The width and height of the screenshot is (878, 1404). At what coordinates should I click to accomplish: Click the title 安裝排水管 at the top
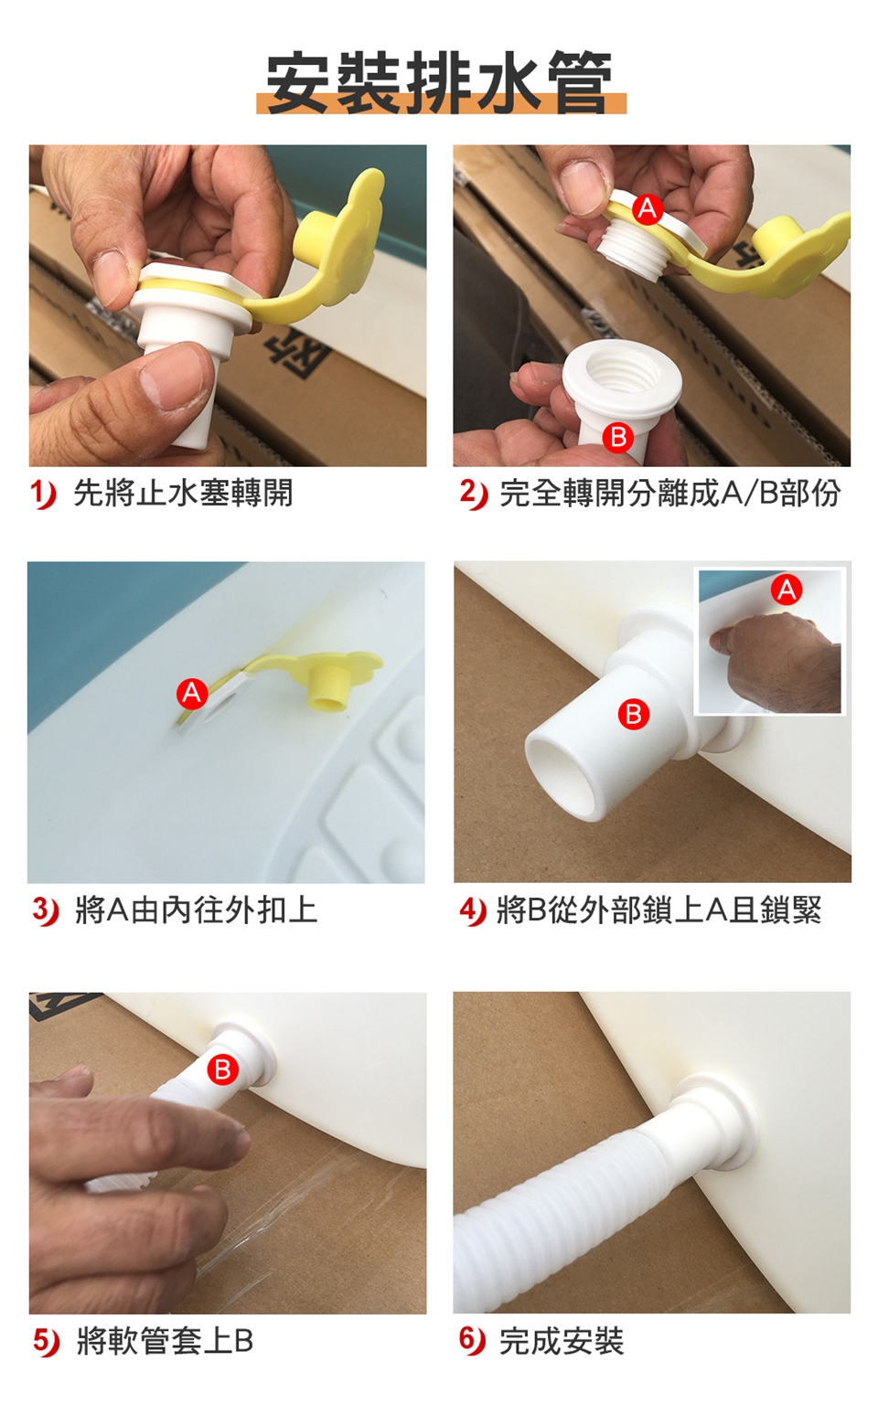click(x=440, y=83)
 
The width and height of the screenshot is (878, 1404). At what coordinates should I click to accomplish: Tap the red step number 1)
click(x=44, y=495)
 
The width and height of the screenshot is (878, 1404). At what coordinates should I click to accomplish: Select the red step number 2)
click(x=473, y=495)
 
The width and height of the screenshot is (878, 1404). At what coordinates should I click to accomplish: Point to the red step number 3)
click(x=45, y=911)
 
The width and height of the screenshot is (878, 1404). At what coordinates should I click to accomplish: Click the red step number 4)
click(x=473, y=911)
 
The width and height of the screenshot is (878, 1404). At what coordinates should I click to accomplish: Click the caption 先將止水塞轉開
click(x=183, y=494)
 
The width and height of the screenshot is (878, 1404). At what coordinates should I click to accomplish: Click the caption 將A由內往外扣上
click(x=197, y=910)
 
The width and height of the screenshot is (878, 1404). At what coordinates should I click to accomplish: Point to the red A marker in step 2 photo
click(x=648, y=208)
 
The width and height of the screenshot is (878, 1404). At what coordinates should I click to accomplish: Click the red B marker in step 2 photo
click(x=617, y=437)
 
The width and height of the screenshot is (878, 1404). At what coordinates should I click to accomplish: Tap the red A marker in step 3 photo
click(x=192, y=693)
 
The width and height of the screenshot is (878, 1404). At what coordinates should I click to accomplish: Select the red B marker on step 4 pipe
click(x=634, y=714)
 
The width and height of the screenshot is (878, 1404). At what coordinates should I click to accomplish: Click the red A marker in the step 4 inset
click(x=787, y=590)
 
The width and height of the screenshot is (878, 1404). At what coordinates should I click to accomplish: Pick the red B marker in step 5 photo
click(x=222, y=1069)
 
